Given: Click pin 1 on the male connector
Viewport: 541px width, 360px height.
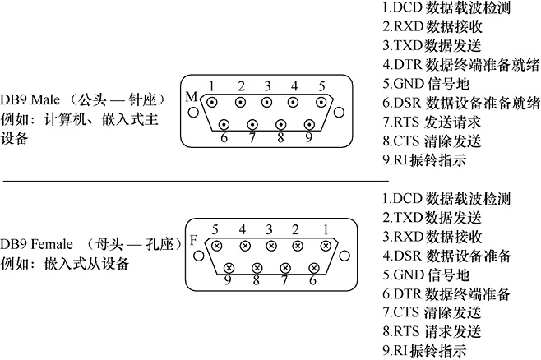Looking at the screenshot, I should point(212,104).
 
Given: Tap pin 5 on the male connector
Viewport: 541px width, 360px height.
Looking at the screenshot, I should point(321,104).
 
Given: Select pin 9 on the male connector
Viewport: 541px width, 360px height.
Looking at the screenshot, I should point(307,125).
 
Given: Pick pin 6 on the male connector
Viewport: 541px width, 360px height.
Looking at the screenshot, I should point(224,125).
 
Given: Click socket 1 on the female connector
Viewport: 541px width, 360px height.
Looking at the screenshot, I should point(326,245).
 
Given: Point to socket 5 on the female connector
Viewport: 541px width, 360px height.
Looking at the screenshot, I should point(217,245).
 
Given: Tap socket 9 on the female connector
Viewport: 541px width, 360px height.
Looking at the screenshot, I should point(229,267).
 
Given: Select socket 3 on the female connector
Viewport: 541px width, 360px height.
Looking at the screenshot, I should point(271,245).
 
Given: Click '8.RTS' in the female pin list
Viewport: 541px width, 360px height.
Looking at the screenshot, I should point(401,331).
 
